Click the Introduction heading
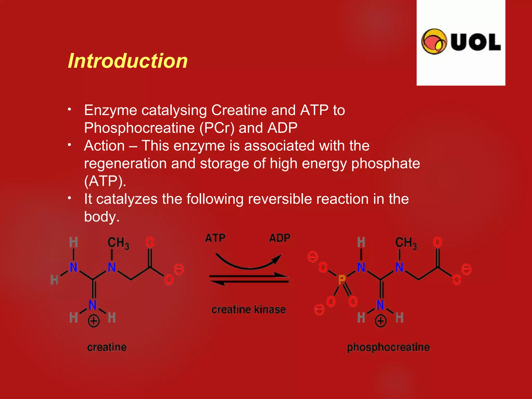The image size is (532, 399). (128, 61)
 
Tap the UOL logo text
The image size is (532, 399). (476, 42)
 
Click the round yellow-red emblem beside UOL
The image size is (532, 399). (434, 42)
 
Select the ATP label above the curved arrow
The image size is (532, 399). (215, 238)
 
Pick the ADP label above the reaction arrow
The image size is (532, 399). (280, 238)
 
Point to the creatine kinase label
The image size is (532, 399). (249, 309)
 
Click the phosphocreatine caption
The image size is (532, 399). (388, 347)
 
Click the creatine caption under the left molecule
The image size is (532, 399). (107, 347)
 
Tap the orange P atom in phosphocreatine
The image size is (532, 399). (342, 280)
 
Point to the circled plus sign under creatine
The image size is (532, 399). (94, 321)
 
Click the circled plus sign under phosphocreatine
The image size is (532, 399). (381, 321)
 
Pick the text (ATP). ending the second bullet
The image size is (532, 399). (105, 181)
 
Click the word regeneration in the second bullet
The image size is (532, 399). (125, 164)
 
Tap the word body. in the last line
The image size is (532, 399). (102, 217)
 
